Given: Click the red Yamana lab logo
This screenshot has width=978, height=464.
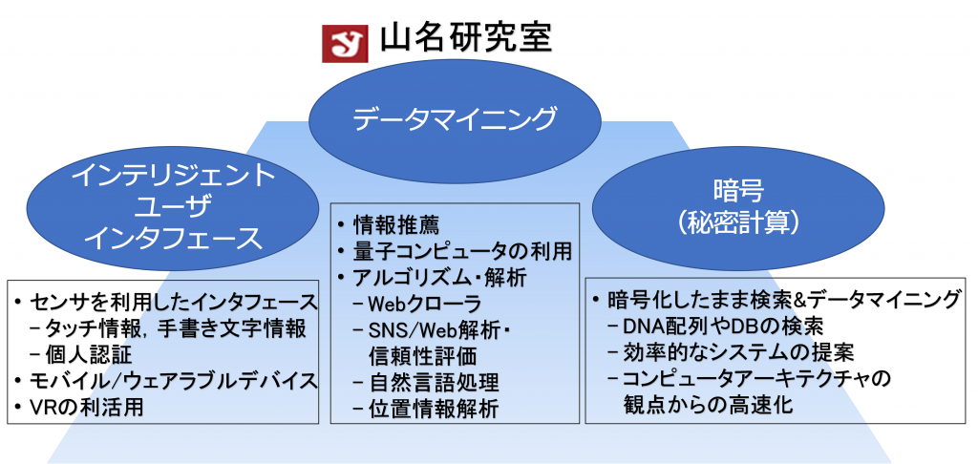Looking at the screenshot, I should pos(345,43).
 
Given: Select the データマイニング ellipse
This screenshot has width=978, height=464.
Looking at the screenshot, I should pos(455,119).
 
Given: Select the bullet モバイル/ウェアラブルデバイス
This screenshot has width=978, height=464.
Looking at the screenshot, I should pos(173,380).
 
